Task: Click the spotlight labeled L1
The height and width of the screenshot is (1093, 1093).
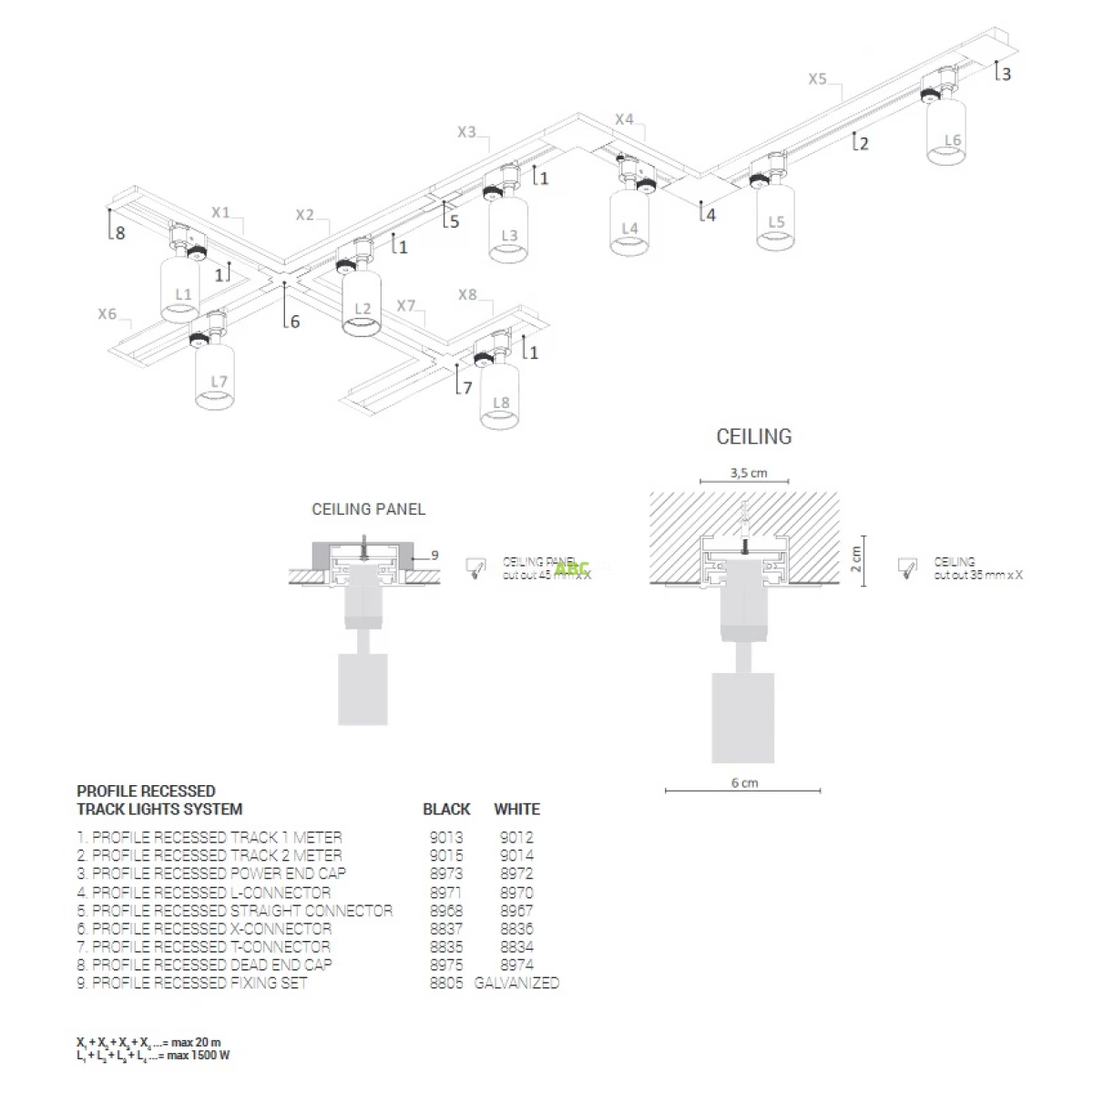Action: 180,290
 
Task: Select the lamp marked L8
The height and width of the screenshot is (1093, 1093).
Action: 499,395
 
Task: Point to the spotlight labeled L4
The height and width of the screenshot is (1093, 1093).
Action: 629,222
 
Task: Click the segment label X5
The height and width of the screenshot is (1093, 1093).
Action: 817,79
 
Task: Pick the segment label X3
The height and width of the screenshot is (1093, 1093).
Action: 466,132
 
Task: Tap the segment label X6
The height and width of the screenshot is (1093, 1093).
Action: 107,314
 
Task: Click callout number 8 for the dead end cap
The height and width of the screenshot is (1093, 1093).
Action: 120,234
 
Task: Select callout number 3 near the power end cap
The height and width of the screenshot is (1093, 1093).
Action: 1006,74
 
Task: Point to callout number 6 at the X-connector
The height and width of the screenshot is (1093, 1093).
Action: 294,321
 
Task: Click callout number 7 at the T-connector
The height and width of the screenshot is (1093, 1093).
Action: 467,387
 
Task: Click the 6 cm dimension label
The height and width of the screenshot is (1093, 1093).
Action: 744,782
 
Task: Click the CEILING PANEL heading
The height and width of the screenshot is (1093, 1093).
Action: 368,509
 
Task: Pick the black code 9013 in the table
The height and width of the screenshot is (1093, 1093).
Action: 446,837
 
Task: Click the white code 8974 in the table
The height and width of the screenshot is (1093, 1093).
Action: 516,965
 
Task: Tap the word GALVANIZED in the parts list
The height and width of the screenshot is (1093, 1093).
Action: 516,983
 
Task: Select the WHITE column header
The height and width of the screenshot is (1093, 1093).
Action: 516,809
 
